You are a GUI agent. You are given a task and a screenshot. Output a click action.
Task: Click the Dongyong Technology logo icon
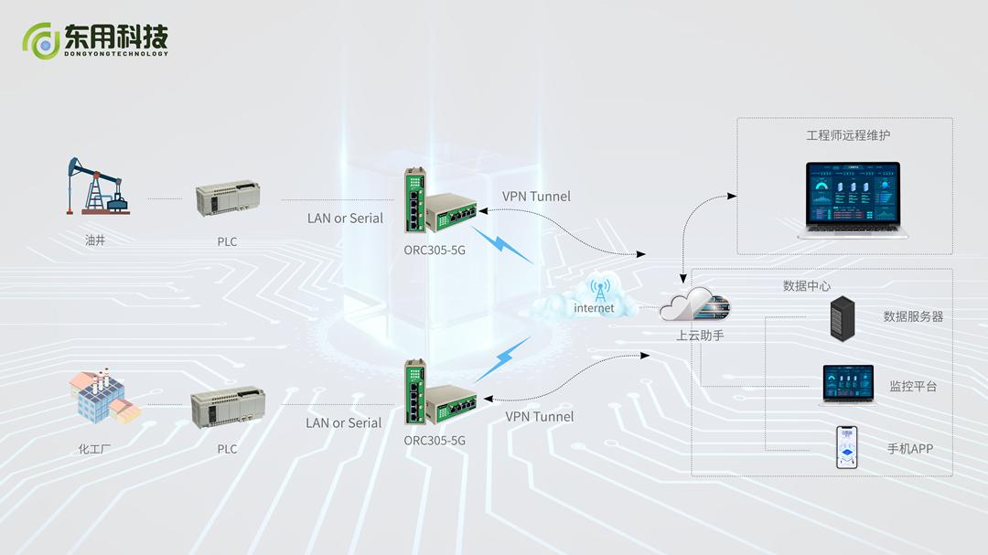tap(41, 40)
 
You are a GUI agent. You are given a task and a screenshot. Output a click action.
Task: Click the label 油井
tap(95, 241)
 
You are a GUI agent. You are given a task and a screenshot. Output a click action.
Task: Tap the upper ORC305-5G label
tap(435, 249)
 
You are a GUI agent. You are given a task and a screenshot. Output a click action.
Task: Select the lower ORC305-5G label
tap(435, 440)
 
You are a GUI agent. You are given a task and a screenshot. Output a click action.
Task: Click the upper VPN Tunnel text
tap(536, 197)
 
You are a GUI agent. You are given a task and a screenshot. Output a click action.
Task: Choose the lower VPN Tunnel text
tap(540, 416)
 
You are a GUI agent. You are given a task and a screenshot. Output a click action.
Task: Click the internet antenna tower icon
tap(600, 293)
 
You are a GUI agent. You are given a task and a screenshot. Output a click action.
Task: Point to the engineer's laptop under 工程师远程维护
tap(853, 199)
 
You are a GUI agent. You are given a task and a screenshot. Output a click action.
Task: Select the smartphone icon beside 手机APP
tap(846, 447)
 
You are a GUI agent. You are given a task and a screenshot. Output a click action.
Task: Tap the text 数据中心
tap(807, 286)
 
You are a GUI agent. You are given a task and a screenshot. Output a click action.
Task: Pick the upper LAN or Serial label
tap(345, 218)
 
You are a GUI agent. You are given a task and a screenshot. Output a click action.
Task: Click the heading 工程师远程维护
tap(848, 135)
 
